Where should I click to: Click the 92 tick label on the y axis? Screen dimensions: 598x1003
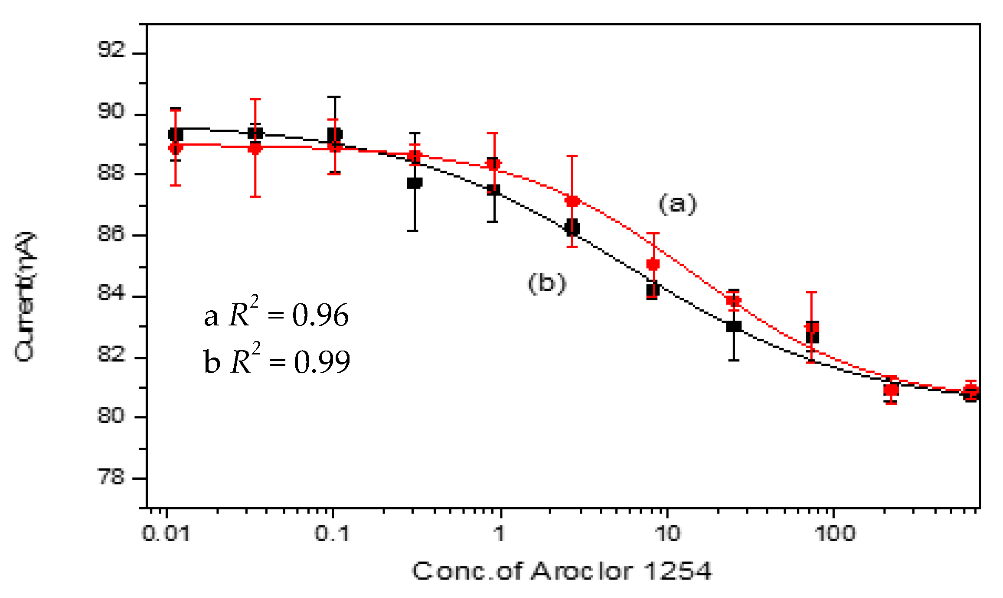111,50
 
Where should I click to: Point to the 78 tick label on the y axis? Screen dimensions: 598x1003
111,477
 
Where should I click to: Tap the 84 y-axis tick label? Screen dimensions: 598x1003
111,294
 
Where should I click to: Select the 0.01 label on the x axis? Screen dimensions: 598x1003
166,533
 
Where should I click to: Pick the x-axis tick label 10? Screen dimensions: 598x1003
667,533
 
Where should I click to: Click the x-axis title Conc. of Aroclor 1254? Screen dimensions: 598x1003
562,571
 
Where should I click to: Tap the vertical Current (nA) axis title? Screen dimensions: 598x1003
25,296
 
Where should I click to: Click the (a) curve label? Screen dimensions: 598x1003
677,204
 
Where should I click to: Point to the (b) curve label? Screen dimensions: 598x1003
547,283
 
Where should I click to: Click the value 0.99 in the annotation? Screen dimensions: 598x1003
322,362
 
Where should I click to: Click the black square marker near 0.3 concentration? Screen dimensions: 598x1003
415,183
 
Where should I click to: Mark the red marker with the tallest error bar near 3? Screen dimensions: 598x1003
572,201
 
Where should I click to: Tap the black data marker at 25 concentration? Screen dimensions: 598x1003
734,326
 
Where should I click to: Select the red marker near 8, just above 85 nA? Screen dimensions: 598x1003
653,264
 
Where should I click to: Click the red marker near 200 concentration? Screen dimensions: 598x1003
891,390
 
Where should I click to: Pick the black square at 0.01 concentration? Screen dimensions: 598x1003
176,135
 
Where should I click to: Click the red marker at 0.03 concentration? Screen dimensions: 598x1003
255,149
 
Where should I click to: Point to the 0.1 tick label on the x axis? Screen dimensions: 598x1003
332,533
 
